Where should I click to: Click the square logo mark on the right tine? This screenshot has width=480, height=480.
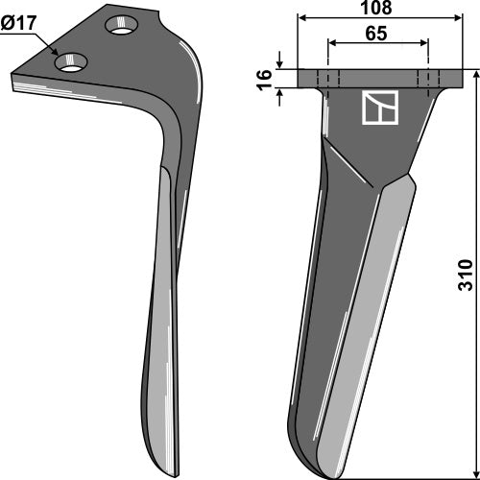pos(377,110)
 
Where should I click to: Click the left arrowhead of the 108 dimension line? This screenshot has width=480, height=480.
pos(302,18)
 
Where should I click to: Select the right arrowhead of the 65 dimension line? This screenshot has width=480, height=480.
pos(424,42)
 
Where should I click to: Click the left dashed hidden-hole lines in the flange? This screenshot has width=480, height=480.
pos(329,78)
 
